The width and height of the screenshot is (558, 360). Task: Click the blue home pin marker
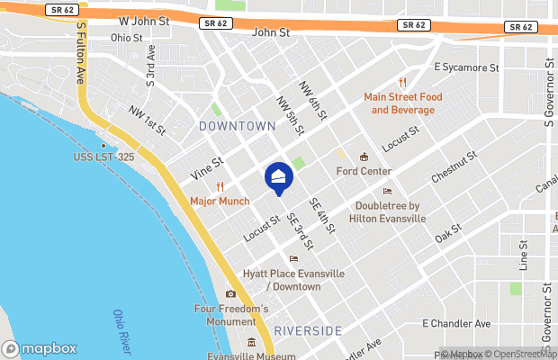pyautogui.click(x=278, y=179)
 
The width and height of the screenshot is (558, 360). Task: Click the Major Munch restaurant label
pyautogui.click(x=220, y=201)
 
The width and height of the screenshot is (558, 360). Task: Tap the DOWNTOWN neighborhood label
pyautogui.click(x=238, y=126)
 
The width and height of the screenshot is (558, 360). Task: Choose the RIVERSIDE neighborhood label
pyautogui.click(x=308, y=330)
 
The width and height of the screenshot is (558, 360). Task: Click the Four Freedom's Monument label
pyautogui.click(x=231, y=316)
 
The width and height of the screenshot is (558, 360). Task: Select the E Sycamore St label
pyautogui.click(x=466, y=67)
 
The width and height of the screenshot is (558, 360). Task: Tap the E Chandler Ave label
pyautogui.click(x=457, y=323)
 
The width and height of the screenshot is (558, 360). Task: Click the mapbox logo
pyautogui.click(x=40, y=348)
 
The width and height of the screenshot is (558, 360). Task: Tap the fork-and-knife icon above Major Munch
pyautogui.click(x=220, y=186)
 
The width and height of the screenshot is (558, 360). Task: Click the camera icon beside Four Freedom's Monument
pyautogui.click(x=231, y=294)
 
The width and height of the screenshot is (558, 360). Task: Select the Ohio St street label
pyautogui.click(x=127, y=38)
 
